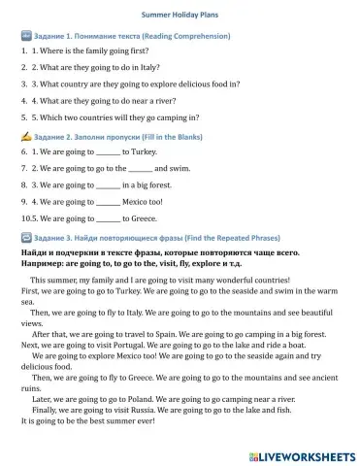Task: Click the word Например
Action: [x=42, y=263]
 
